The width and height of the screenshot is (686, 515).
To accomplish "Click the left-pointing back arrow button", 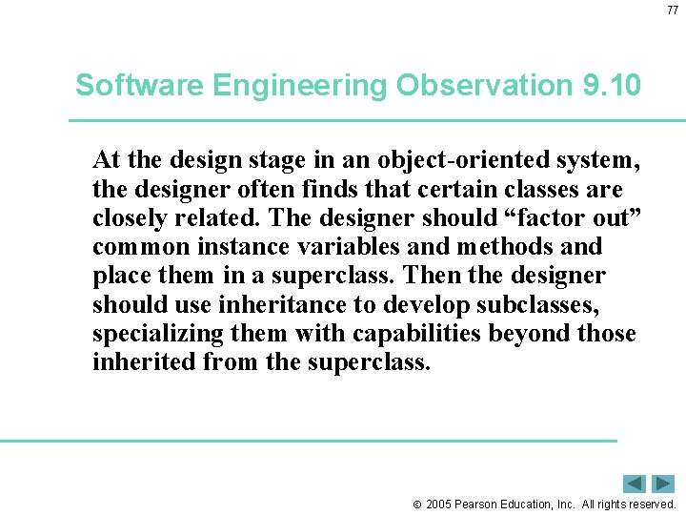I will coord(636,484).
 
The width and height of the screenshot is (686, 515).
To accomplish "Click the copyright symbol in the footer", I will coord(416,505).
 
